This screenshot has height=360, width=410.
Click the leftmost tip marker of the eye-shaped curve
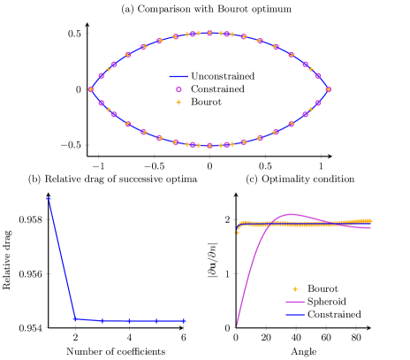91,89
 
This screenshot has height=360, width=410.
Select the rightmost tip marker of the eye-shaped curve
328,89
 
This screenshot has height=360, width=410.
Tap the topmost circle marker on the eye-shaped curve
209,33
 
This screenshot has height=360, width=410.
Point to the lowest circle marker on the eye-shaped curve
209,145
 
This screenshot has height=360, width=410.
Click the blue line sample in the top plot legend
178,76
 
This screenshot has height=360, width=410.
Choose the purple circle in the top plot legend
178,89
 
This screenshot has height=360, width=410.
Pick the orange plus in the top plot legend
178,102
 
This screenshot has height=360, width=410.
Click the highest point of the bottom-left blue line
49,199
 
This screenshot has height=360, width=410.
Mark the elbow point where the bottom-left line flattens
75,318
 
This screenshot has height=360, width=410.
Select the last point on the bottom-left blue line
184,321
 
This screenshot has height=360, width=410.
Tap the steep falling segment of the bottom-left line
62,259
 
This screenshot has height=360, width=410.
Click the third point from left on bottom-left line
102,320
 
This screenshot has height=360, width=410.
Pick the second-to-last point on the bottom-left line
156,320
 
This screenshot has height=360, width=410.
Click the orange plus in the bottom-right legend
295,289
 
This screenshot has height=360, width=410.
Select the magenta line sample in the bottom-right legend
295,302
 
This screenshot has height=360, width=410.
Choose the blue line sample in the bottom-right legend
295,315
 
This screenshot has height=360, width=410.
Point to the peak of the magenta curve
292,214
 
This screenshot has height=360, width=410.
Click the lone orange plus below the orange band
237,233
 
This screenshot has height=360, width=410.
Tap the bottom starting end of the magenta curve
236,326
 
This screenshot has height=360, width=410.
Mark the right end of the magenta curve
371,228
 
